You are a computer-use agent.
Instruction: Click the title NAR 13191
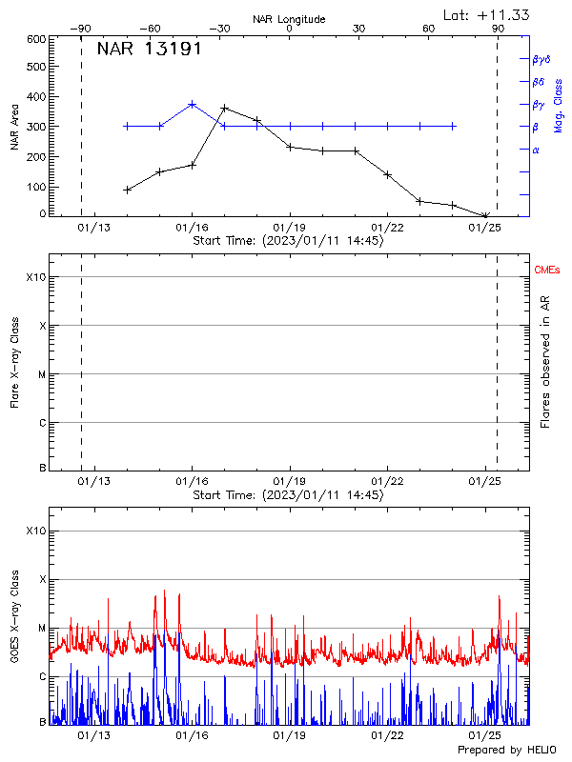click(x=149, y=50)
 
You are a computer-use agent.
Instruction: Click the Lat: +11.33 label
click(x=487, y=14)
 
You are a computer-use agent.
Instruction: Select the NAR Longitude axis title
click(x=289, y=19)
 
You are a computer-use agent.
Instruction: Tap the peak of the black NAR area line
click(x=224, y=108)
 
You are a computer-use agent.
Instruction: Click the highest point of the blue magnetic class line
click(x=192, y=104)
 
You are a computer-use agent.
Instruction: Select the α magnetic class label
click(x=536, y=150)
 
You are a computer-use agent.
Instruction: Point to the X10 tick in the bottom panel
click(x=35, y=530)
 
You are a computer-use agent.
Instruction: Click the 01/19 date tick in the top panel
click(x=290, y=227)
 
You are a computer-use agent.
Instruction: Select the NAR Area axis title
click(x=13, y=127)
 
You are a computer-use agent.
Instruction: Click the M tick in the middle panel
click(x=41, y=374)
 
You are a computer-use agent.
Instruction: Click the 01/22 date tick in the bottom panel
click(x=387, y=735)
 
